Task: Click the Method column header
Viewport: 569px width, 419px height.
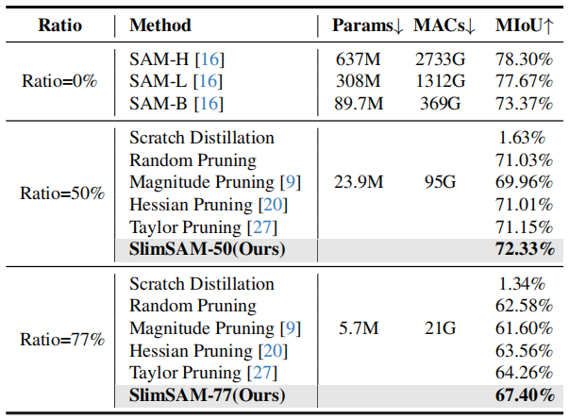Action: (x=159, y=25)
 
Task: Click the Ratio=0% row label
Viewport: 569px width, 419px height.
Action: (x=59, y=80)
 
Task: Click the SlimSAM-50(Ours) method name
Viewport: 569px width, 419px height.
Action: (x=207, y=250)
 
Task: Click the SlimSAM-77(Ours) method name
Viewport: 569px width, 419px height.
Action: (x=207, y=396)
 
